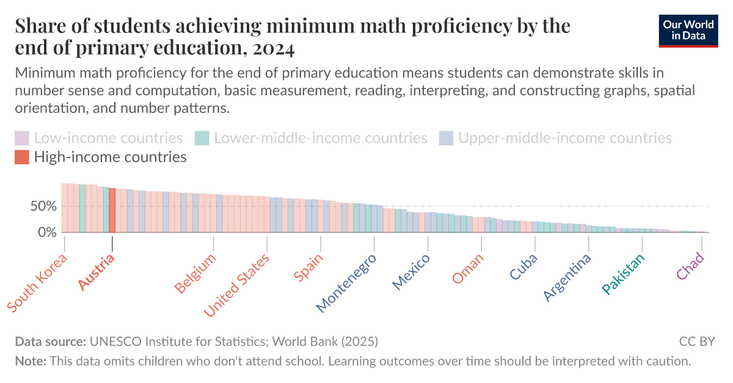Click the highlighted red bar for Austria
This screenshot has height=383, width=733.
(x=112, y=211)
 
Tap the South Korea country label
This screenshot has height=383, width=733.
(x=37, y=282)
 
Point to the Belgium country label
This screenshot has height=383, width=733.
(x=195, y=273)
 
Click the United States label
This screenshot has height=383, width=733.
(x=237, y=285)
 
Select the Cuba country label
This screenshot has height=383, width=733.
(x=523, y=266)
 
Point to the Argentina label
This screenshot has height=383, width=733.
(x=567, y=277)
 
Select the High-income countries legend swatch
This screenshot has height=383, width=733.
(x=22, y=158)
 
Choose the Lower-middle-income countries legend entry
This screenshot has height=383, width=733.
(x=311, y=138)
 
